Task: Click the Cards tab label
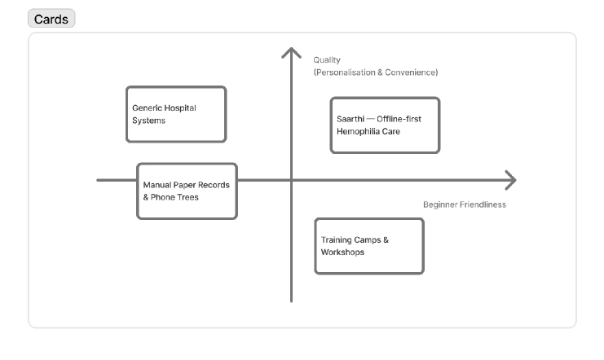51,20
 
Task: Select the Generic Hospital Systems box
176,114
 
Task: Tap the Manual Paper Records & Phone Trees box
187,191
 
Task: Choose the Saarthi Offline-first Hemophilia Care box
385,125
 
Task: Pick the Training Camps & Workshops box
369,246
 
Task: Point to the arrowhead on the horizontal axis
511,180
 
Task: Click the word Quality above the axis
326,59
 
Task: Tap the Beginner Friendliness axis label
464,204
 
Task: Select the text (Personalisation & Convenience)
375,72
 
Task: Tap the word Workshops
342,252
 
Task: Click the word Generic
148,108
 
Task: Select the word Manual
157,185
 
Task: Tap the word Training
337,240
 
